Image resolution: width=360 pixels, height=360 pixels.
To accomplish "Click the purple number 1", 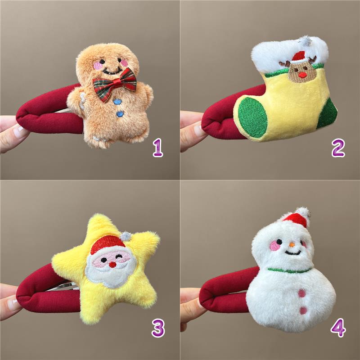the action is [x=158, y=148].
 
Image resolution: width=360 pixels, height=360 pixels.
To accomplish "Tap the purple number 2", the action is [x=338, y=148].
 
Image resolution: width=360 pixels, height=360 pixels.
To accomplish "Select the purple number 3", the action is [x=158, y=328].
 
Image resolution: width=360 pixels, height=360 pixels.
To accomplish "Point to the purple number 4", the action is [x=338, y=328].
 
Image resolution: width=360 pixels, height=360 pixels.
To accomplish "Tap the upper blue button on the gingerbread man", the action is [x=117, y=102].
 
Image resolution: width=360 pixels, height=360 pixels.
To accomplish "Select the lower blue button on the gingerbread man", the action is [x=120, y=114].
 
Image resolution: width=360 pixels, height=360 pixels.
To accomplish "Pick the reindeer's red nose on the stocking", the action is [x=302, y=75].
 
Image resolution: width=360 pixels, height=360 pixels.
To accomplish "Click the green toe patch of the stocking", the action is [x=252, y=117].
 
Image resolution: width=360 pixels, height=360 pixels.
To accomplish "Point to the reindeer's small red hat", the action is [x=299, y=57].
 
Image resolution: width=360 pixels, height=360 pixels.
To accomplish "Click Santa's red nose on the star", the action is [x=112, y=265].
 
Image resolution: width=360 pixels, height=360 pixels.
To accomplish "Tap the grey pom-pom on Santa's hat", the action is [x=126, y=236].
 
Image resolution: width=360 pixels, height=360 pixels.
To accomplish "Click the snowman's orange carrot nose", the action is [x=292, y=244].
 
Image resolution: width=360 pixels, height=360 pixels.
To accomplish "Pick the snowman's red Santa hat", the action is [x=297, y=218].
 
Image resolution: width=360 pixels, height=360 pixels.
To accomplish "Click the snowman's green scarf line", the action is [x=289, y=270].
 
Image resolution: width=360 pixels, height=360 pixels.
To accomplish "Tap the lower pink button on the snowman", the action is [x=303, y=310].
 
